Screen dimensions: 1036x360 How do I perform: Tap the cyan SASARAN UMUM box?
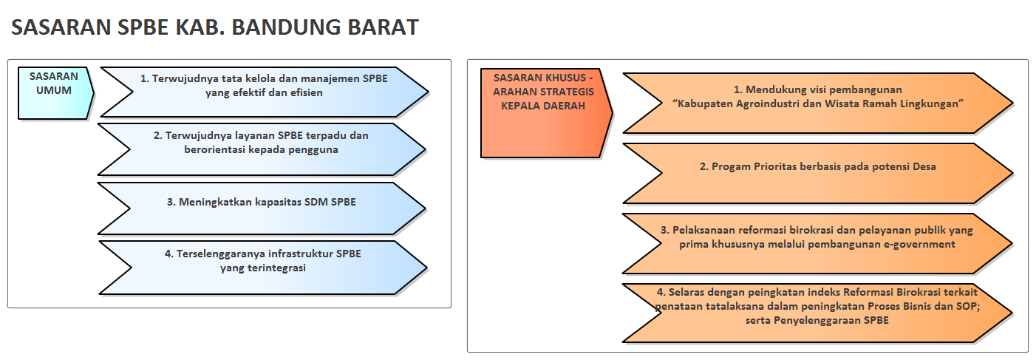55,93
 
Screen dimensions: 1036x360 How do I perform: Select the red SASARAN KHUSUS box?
546,113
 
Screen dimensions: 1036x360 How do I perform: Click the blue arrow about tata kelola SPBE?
265,92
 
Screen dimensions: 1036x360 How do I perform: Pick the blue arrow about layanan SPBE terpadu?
262,149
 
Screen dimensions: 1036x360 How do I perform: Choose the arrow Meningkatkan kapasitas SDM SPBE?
262,208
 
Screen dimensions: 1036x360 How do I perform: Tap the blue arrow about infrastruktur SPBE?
263,268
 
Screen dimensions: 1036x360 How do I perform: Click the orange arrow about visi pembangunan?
818,103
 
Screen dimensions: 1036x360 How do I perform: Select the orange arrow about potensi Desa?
818,173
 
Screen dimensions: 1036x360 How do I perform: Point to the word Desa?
924,166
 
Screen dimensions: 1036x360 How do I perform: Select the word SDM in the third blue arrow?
316,203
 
